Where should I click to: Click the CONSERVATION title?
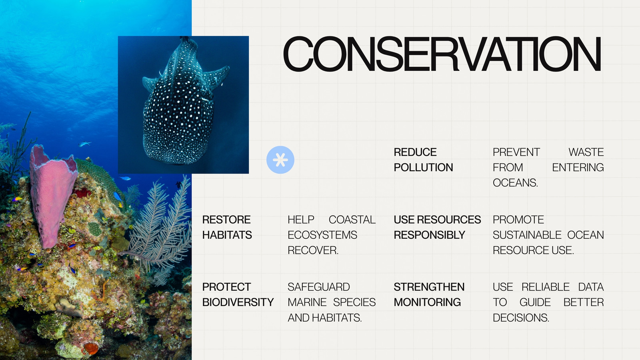[442, 54]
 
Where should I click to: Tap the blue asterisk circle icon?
[280, 160]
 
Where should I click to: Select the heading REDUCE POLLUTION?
[424, 160]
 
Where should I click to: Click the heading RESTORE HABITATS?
[227, 227]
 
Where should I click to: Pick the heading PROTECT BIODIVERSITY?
[238, 294]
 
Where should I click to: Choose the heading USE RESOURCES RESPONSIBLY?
[438, 227]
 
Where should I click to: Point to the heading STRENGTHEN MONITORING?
[429, 294]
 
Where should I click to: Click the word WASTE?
[586, 152]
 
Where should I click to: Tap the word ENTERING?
[578, 168]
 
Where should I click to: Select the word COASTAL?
[352, 220]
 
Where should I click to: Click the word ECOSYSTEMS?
[322, 235]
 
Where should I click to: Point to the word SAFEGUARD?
[319, 287]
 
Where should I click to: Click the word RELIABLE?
[546, 287]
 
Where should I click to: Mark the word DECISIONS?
[521, 318]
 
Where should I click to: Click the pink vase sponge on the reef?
[52, 194]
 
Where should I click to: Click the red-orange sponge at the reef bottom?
[91, 348]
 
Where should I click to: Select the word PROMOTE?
[518, 220]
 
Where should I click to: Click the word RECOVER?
[313, 250]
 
